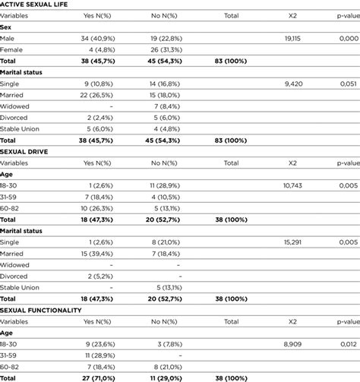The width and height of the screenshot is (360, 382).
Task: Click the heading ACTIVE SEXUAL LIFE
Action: tap(37, 5)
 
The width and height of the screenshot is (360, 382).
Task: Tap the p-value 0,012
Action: tap(347, 343)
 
